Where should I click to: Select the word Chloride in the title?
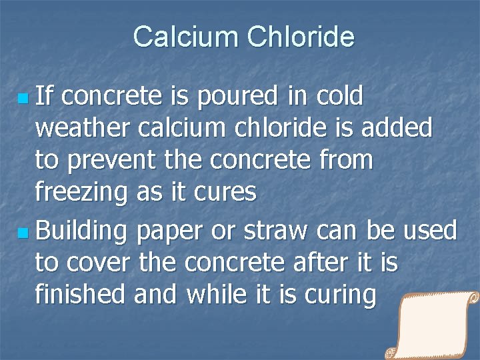tap(300, 37)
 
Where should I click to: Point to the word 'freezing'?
tap(82, 193)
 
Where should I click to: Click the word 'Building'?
tap(81, 231)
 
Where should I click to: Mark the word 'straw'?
tap(275, 231)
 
